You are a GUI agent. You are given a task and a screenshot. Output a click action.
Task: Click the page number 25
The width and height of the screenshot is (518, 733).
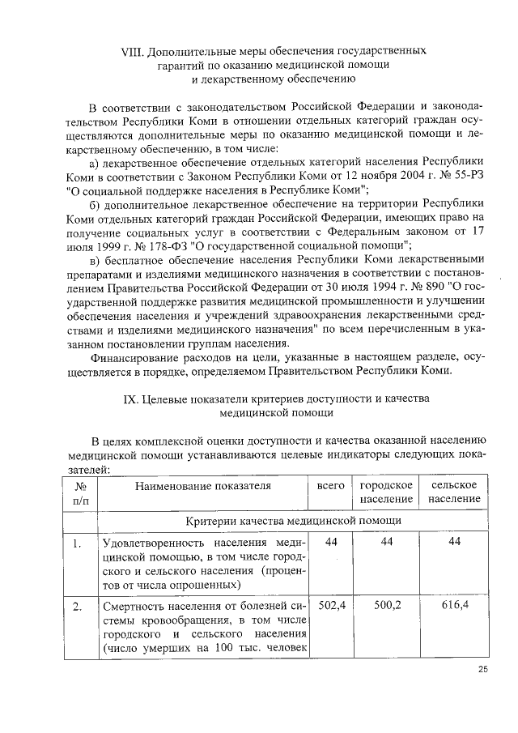click(483, 668)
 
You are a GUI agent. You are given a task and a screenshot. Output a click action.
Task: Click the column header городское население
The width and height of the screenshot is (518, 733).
click(386, 492)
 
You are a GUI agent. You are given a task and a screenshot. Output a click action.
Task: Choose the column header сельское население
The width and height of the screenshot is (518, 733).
click(453, 492)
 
